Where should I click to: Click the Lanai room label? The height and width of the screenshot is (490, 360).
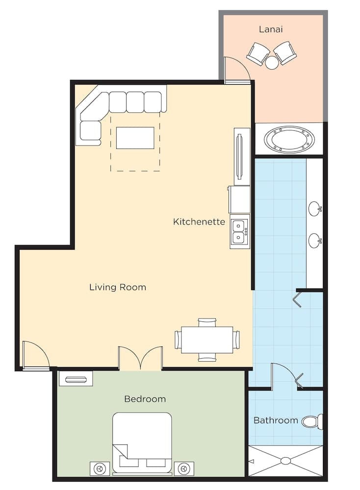(271, 29)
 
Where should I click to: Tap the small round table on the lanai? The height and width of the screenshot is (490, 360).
(272, 62)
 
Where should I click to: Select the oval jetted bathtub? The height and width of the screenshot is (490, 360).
(289, 140)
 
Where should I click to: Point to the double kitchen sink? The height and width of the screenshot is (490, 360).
(239, 231)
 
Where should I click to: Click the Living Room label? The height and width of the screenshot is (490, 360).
(118, 287)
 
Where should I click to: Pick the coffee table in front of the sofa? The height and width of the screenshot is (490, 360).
(135, 138)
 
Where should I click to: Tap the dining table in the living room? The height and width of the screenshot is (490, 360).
(207, 340)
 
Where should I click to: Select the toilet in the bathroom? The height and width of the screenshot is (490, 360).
(312, 421)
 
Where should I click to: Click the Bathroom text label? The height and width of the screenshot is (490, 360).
(276, 420)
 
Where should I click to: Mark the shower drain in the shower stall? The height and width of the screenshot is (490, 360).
(286, 461)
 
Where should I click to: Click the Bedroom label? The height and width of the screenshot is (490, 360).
(145, 399)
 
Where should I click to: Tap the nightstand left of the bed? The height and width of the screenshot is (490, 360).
(100, 468)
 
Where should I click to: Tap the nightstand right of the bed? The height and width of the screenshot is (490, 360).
(184, 468)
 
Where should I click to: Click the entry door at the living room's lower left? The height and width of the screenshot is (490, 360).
(36, 355)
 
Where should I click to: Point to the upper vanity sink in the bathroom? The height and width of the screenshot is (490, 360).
(315, 209)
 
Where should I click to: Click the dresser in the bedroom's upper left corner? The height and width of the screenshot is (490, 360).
(76, 379)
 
